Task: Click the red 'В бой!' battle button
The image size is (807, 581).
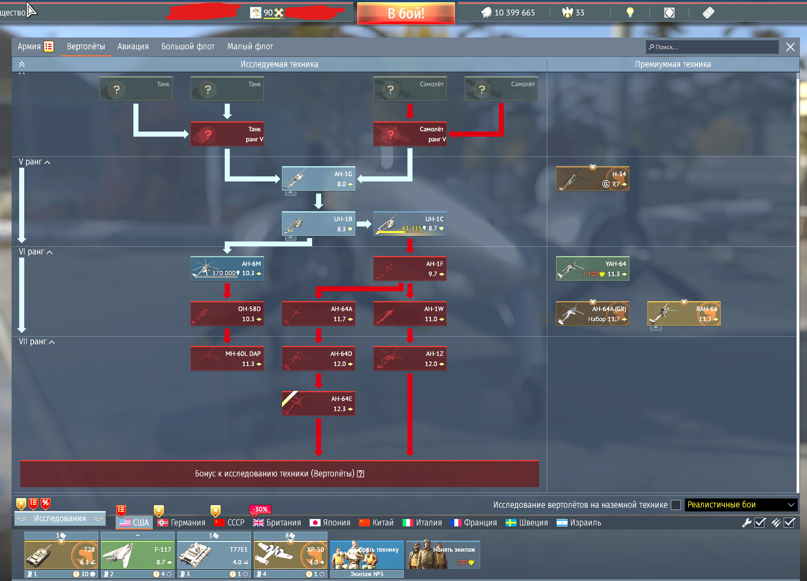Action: (406, 14)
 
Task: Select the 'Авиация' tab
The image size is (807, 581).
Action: (133, 46)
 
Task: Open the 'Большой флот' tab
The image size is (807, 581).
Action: (188, 46)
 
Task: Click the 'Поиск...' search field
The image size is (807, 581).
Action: (712, 47)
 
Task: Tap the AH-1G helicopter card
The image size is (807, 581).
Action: (318, 178)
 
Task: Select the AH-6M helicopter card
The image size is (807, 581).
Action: (227, 269)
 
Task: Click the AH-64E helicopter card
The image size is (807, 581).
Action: (318, 403)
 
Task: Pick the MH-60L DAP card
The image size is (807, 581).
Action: (227, 358)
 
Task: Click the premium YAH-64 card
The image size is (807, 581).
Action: (592, 269)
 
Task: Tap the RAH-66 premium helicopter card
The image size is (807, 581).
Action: (683, 314)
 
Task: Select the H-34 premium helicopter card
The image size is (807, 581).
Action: (592, 178)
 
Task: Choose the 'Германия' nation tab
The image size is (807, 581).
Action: (182, 523)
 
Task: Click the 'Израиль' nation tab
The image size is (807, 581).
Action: (579, 523)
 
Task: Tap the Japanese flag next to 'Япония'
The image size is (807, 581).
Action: (315, 523)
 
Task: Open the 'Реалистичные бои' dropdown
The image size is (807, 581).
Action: (740, 505)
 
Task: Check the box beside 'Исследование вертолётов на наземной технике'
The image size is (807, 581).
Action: (675, 505)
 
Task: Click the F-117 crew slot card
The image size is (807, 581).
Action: (138, 555)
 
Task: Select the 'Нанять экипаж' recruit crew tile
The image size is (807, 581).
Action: (443, 555)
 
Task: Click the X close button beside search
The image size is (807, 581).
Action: (790, 47)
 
